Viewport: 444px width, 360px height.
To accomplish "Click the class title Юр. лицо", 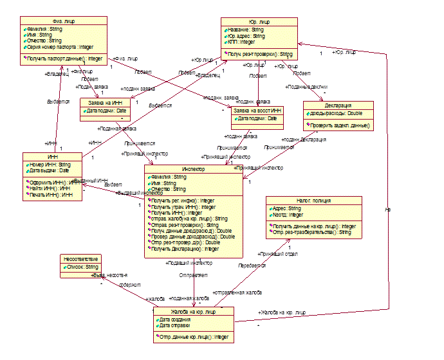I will [259, 21].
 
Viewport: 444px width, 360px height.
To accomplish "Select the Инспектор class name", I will [194, 169].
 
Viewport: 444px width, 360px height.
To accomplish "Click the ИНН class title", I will [51, 156].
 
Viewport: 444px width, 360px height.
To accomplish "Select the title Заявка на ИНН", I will [104, 103].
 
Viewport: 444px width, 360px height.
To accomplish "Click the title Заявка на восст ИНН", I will [257, 111].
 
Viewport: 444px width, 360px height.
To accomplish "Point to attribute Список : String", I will [82, 266].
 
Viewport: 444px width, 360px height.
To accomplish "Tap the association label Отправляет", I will [193, 275].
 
